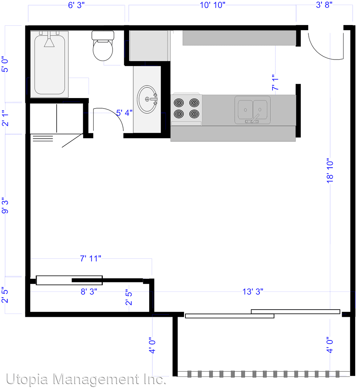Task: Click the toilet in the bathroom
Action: (x=103, y=46)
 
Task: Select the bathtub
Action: (x=49, y=64)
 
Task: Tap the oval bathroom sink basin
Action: (x=147, y=99)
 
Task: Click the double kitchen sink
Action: (x=253, y=110)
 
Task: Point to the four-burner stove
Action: (x=187, y=109)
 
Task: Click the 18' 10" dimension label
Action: (x=330, y=171)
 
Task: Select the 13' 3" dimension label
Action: (x=253, y=291)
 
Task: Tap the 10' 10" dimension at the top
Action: (x=213, y=5)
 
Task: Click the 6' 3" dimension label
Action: (x=76, y=5)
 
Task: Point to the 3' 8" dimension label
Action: (x=324, y=5)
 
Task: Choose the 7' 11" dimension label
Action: (x=90, y=258)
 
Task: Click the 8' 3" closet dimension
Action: (x=89, y=291)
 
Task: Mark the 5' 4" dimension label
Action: (x=124, y=113)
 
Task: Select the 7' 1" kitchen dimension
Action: (x=275, y=82)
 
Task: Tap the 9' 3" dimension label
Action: (x=5, y=206)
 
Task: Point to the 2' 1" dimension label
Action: (x=5, y=118)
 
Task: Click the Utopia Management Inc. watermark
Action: (x=86, y=379)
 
